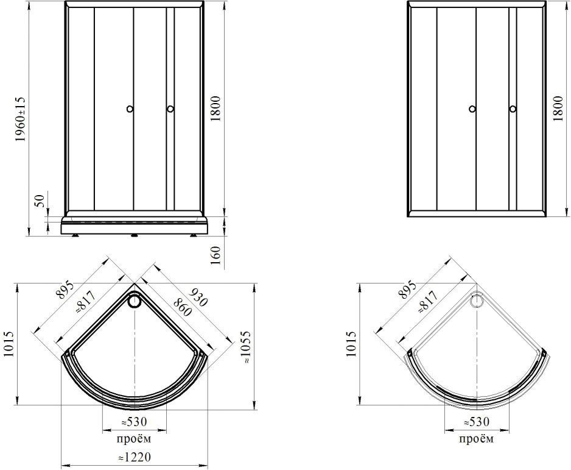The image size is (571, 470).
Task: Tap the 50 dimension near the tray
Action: [x=40, y=201]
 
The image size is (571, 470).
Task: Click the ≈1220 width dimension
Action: [x=134, y=457]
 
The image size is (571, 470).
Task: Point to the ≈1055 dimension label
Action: [x=246, y=347]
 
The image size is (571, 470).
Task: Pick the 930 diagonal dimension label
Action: [x=198, y=297]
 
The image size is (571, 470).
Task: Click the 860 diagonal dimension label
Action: [x=182, y=307]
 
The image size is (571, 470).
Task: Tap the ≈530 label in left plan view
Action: [x=134, y=422]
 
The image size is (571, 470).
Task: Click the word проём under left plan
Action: [x=134, y=439]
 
